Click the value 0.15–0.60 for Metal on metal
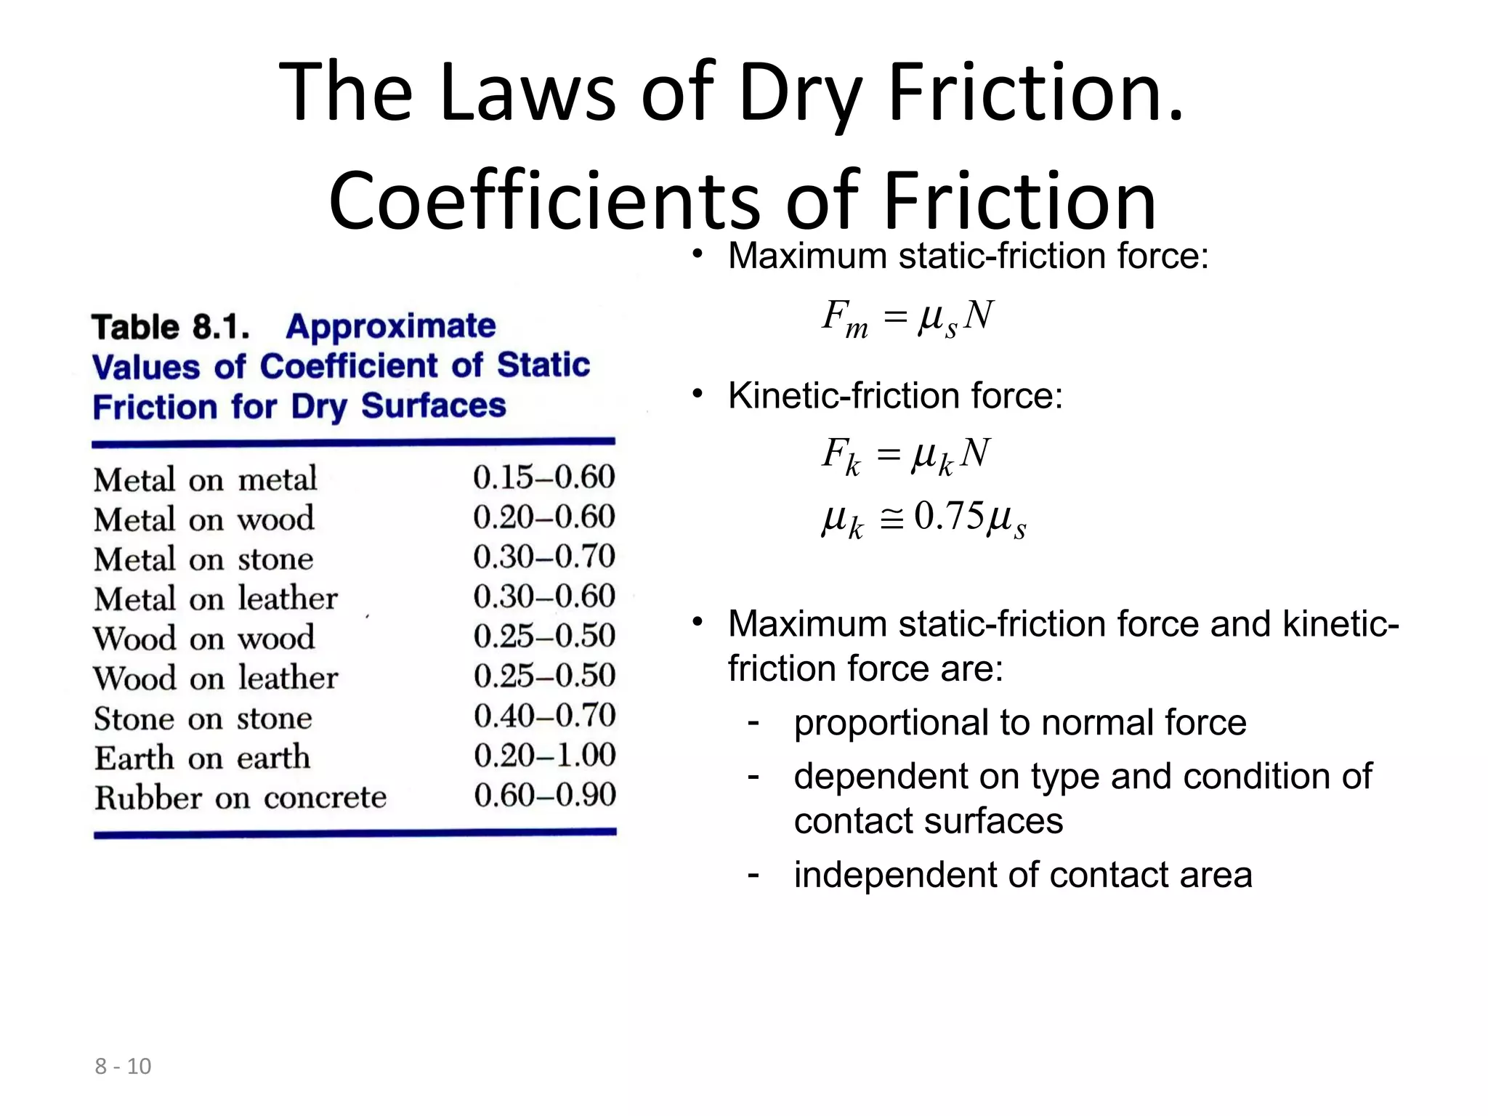543,477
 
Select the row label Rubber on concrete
240,798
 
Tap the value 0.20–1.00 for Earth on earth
544,756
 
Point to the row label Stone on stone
203,719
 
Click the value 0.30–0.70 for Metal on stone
543,557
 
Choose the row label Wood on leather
215,678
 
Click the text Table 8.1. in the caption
171,327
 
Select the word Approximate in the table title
391,326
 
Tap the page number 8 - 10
123,1066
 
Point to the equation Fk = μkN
905,455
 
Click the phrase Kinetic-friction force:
895,396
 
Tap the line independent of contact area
1022,875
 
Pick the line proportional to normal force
1019,723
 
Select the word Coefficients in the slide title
543,201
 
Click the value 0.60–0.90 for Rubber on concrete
545,795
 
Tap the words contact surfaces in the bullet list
928,821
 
